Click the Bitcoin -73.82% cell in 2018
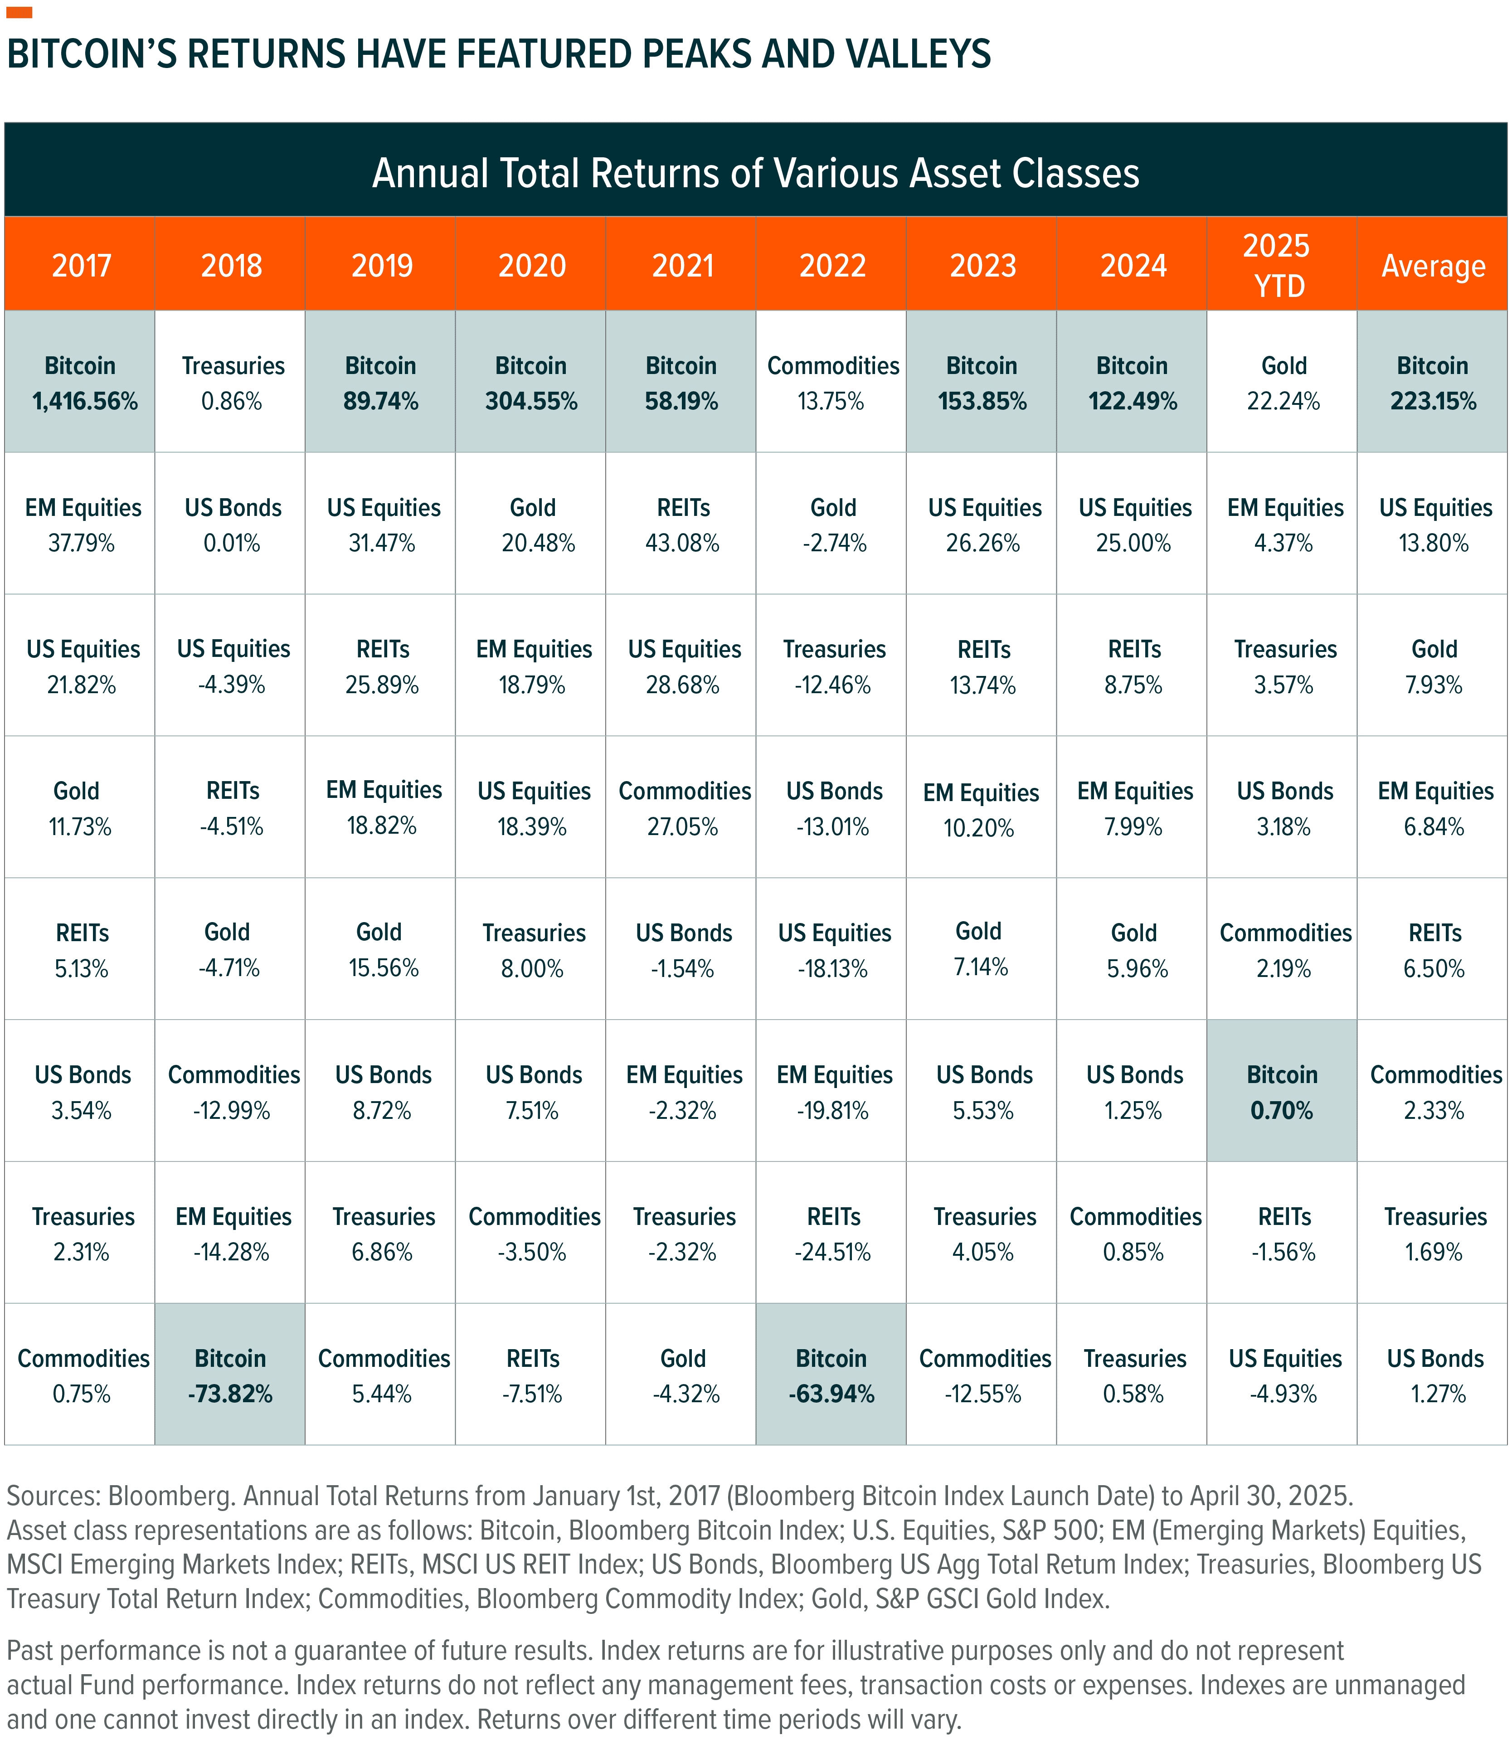[230, 1375]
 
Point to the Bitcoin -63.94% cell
[831, 1375]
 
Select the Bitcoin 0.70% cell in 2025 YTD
[1282, 1092]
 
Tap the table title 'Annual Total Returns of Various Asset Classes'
[755, 173]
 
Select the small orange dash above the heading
[19, 13]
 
